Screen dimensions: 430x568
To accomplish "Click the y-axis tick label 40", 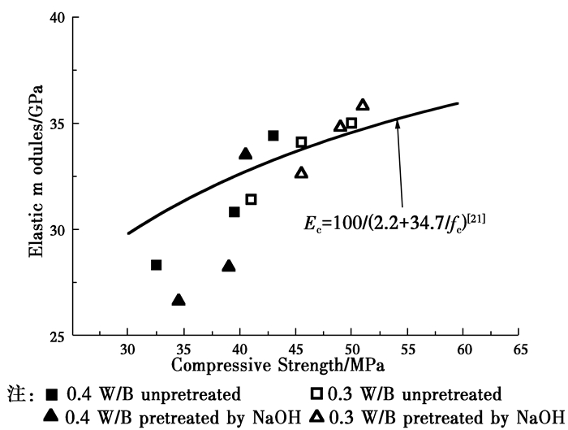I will click(56, 18).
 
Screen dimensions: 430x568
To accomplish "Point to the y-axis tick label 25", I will click(56, 335).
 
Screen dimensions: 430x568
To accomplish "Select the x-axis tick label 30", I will click(127, 350).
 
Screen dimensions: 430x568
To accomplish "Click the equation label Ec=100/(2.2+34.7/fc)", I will click(394, 218).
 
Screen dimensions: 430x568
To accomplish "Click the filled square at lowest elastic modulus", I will click(156, 265).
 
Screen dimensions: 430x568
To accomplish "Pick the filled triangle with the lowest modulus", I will click(179, 300).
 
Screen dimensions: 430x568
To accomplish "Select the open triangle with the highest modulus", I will click(363, 105).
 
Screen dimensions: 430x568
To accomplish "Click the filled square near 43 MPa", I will click(273, 136).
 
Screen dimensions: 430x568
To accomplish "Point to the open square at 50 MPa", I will click(351, 124).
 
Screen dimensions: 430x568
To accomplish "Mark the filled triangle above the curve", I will click(246, 154).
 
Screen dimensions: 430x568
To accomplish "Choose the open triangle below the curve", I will click(302, 172).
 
